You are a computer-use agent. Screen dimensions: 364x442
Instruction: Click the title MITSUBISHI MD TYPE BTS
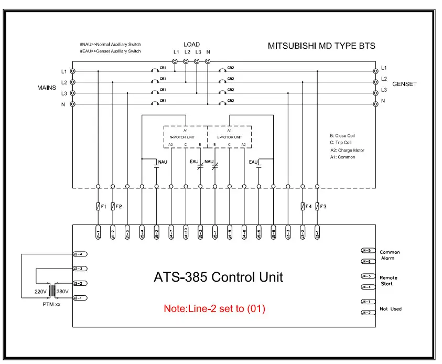(321, 46)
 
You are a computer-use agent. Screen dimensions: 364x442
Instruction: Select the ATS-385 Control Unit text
(218, 277)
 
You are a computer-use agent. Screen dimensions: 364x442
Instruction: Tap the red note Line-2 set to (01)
(214, 309)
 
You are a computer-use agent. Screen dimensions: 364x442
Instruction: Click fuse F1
(98, 207)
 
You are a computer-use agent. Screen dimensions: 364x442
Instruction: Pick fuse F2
(113, 207)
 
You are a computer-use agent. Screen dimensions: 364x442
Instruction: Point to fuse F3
(317, 207)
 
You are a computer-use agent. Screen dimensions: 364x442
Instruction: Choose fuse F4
(303, 207)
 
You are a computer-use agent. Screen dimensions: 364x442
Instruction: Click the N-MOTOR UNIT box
(185, 137)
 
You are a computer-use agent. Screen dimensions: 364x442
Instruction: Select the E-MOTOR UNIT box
(230, 137)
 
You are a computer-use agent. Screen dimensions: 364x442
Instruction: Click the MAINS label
(47, 87)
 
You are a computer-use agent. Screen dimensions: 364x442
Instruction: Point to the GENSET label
(404, 84)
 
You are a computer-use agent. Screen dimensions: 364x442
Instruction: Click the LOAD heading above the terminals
(191, 45)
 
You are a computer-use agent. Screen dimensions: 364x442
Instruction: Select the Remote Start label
(389, 281)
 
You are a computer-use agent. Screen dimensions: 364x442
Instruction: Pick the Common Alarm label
(390, 255)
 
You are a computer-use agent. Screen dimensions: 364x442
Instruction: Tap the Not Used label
(391, 309)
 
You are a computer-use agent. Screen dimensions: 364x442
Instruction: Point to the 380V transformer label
(62, 291)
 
